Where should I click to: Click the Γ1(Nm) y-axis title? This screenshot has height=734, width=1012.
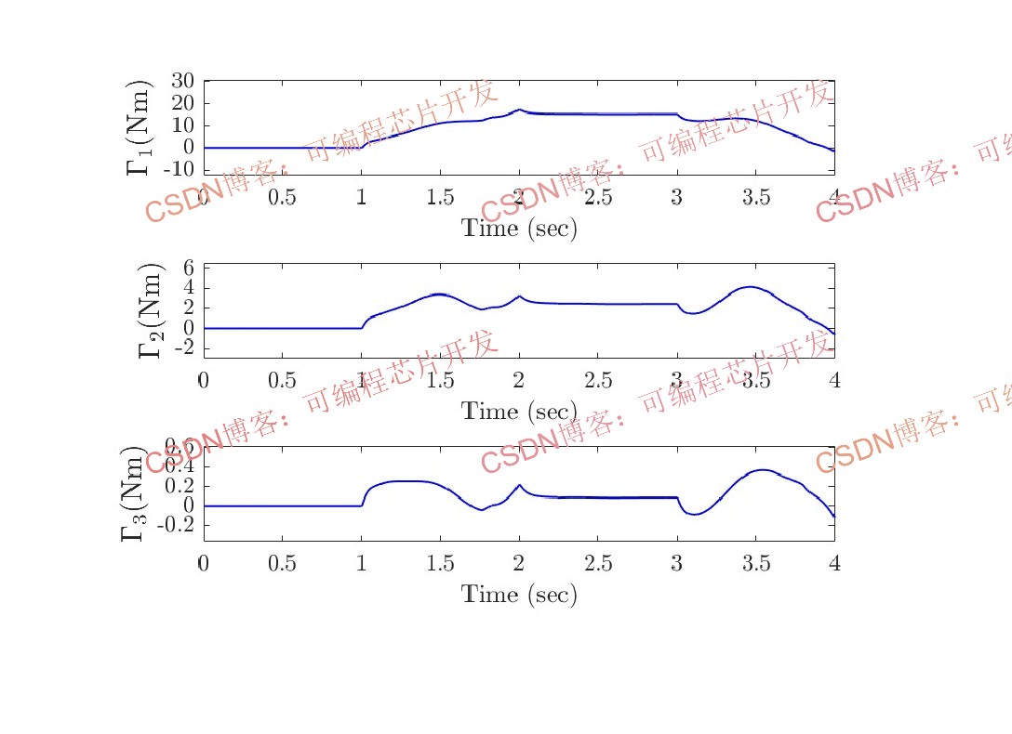139,128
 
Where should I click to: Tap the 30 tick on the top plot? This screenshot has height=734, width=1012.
182,81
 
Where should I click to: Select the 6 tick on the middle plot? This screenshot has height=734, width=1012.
188,268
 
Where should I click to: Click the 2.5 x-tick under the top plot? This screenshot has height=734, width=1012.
598,197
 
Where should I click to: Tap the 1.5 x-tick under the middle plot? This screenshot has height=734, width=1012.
440,380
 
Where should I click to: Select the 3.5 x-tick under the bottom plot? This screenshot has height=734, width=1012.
756,563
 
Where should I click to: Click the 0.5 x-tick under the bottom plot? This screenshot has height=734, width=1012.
282,563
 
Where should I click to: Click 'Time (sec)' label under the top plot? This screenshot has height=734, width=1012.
519,229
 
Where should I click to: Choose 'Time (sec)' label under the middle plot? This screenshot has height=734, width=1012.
519,411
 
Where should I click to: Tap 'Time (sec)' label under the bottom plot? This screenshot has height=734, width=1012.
519,595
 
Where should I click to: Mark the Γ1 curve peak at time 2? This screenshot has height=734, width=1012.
519,110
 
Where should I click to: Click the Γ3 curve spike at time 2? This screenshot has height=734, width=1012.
519,485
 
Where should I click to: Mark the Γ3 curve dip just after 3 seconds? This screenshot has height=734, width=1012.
692,514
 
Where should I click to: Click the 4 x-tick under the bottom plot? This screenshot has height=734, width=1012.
834,563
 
